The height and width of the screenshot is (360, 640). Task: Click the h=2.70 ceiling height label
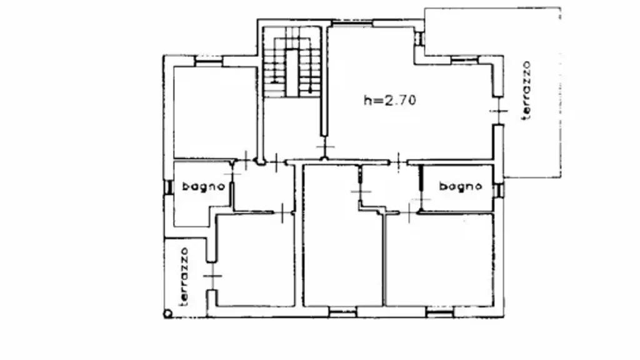pos(390,100)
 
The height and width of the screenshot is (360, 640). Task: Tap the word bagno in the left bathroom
pos(203,186)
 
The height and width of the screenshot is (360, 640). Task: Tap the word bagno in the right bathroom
pos(461,186)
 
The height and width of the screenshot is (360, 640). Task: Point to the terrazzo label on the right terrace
pos(526,90)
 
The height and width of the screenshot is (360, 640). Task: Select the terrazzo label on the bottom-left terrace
pos(184,277)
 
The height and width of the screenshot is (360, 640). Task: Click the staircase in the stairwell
pos(291,62)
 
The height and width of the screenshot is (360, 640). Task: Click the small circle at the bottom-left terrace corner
pos(167,314)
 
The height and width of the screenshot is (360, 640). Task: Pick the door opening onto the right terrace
pos(498,111)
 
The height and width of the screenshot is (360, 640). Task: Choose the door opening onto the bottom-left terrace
pos(212,276)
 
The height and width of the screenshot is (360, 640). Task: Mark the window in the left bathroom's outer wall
pos(168,187)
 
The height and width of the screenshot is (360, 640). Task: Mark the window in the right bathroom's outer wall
pos(498,191)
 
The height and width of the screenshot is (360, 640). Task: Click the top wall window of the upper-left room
pos(208,61)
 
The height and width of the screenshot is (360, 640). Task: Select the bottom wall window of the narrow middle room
pos(343,312)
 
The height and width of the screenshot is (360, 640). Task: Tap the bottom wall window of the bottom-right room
pos(440,312)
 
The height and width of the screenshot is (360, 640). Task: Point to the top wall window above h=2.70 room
pos(352,23)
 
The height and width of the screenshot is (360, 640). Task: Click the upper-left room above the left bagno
pos(215,112)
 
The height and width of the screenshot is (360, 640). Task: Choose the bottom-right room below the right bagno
pos(439,259)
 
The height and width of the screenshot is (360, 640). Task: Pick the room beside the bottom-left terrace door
pos(255,259)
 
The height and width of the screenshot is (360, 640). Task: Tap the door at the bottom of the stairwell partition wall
pos(324,146)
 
